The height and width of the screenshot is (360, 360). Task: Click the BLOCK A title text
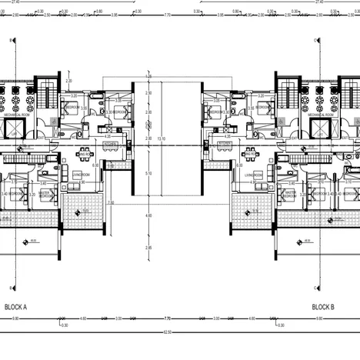point(15,306)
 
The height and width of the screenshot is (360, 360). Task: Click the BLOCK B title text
point(323,306)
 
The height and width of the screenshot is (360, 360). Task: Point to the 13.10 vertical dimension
point(161,138)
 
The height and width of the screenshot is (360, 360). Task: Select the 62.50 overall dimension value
point(179,333)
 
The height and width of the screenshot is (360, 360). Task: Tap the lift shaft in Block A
point(13,128)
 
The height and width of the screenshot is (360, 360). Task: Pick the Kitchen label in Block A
point(110,144)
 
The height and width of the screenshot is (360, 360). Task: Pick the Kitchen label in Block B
point(225,144)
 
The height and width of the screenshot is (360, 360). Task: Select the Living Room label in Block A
point(82,175)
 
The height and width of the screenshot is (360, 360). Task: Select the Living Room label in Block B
point(254,175)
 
